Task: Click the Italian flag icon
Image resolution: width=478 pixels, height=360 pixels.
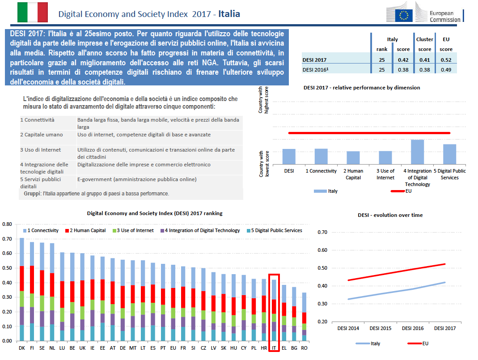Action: point(32,12)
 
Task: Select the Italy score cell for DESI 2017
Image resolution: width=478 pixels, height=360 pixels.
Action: point(403,59)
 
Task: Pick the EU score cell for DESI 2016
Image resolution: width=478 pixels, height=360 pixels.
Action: point(446,69)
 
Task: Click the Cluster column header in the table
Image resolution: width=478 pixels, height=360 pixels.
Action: point(424,39)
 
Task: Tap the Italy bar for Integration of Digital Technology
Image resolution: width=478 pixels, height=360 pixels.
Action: point(417,152)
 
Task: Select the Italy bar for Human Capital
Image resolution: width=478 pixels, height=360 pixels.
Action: point(353,157)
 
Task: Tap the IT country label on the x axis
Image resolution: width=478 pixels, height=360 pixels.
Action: point(274,347)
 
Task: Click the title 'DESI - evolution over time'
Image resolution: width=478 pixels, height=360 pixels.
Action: point(390,215)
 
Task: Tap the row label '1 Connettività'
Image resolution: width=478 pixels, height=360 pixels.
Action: point(37,120)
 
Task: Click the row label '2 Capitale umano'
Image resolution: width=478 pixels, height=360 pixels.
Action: point(41,135)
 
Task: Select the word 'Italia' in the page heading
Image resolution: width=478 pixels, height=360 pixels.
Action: point(229,14)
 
